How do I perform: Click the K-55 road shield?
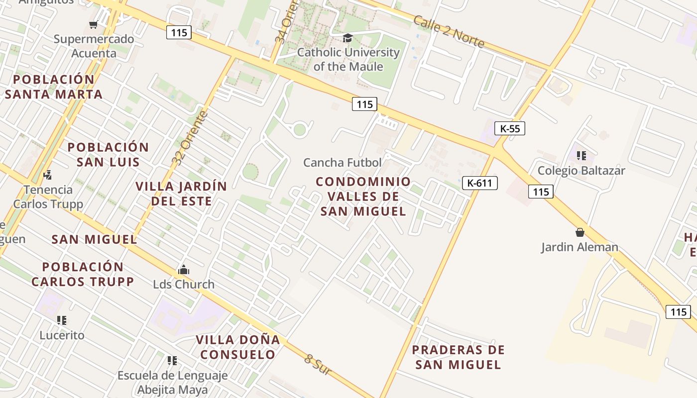pyautogui.click(x=510, y=128)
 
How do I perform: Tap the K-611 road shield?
pyautogui.click(x=480, y=183)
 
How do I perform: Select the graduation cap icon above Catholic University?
pyautogui.click(x=348, y=38)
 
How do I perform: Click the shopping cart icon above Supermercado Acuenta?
pyautogui.click(x=93, y=24)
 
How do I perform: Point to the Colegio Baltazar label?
pyautogui.click(x=581, y=171)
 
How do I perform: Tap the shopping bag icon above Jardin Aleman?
pyautogui.click(x=580, y=232)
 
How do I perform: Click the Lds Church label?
pyautogui.click(x=184, y=284)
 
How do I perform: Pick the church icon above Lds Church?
pyautogui.click(x=184, y=270)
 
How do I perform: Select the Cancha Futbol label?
pyautogui.click(x=343, y=162)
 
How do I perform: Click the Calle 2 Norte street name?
pyautogui.click(x=449, y=32)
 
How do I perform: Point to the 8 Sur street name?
pyautogui.click(x=318, y=365)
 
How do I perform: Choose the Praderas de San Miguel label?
pyautogui.click(x=458, y=357)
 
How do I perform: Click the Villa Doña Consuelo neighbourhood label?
pyautogui.click(x=238, y=347)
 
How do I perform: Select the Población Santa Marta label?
pyautogui.click(x=54, y=87)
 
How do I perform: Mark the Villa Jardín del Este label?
pyautogui.click(x=181, y=194)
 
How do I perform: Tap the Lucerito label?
pyautogui.click(x=62, y=335)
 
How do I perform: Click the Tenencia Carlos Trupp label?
pyautogui.click(x=48, y=197)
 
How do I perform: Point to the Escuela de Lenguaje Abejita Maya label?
pyautogui.click(x=172, y=383)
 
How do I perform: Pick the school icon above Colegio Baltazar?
pyautogui.click(x=581, y=156)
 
